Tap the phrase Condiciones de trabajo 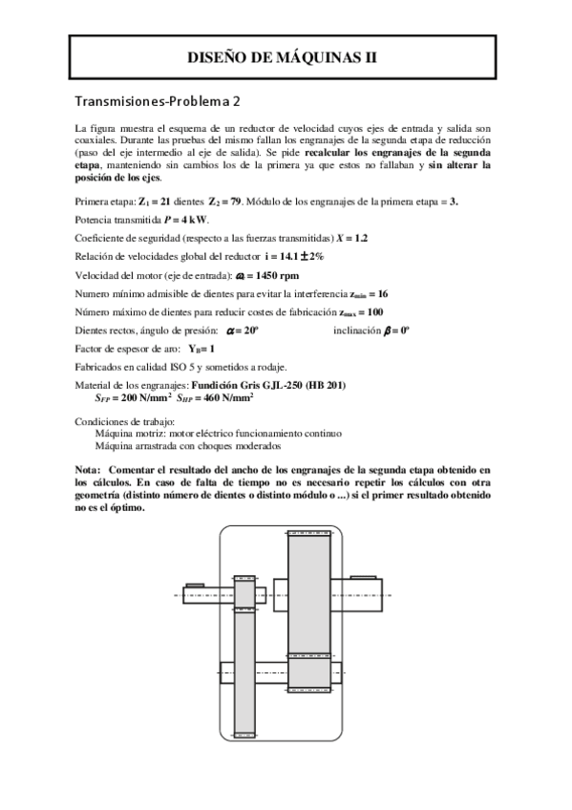pos(120,421)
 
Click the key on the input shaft pos(196,585)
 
